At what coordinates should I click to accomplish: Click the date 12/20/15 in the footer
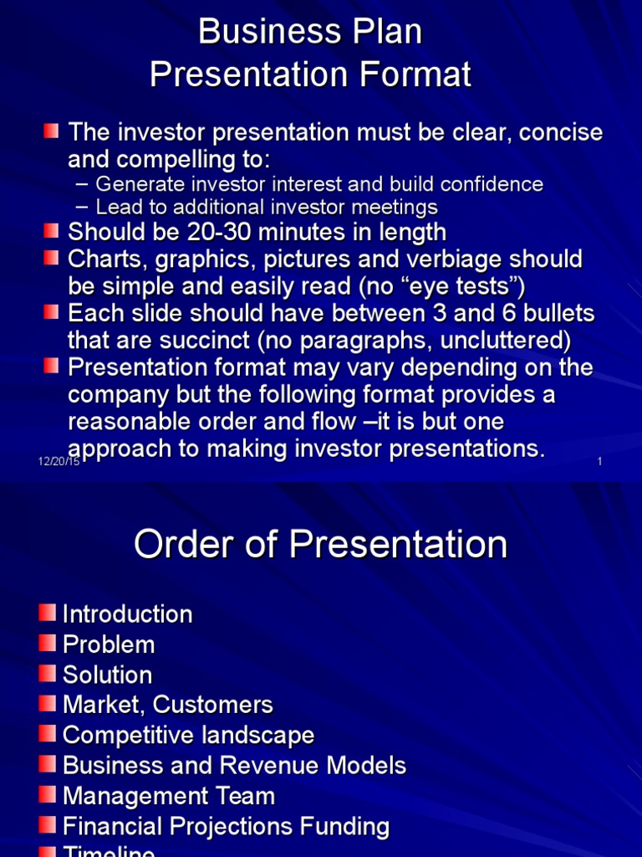59,462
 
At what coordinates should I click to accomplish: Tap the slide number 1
600,462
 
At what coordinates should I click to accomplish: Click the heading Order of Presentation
320,545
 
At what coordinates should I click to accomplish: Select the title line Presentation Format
310,75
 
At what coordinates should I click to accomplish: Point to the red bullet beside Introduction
48,613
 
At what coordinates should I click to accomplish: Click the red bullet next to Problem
48,643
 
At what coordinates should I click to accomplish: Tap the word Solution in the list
107,675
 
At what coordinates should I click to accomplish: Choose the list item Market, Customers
167,705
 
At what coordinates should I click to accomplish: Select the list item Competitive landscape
188,735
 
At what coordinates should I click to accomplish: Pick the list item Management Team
168,795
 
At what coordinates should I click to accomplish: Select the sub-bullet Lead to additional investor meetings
266,207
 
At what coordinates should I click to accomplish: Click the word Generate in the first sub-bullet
135,184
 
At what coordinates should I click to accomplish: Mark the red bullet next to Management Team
48,794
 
